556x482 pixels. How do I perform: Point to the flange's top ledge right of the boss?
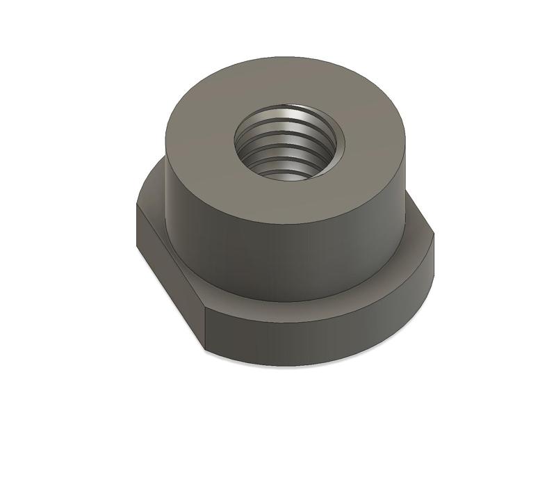click(417, 240)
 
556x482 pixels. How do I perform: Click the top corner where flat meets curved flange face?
click(206, 311)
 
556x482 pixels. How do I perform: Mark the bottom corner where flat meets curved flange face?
click(206, 346)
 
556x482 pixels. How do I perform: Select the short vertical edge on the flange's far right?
click(434, 250)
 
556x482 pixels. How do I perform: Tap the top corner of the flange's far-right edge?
click(434, 233)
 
